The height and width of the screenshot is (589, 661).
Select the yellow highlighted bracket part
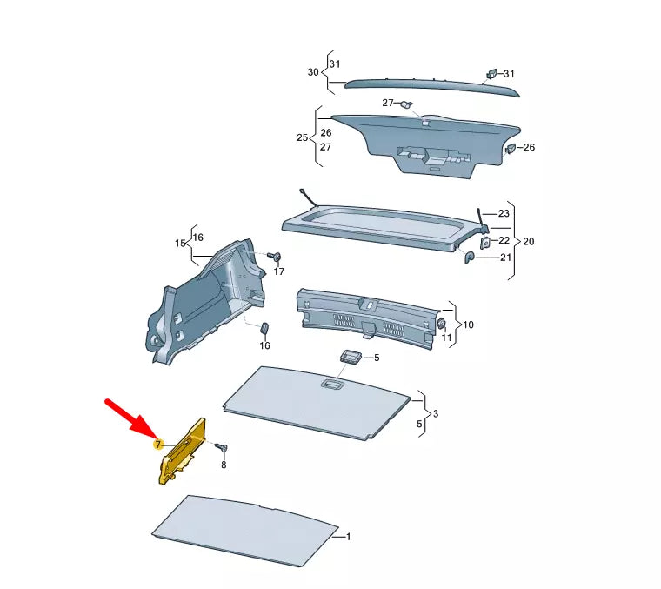click(181, 452)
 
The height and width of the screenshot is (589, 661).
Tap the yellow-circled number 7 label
click(157, 445)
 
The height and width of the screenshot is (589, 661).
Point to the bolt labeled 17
click(274, 257)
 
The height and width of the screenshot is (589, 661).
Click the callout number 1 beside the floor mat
click(348, 537)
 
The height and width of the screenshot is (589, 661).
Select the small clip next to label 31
click(491, 73)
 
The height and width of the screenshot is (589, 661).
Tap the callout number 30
click(313, 72)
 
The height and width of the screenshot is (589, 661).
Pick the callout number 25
click(302, 137)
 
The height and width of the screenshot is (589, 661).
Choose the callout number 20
click(529, 240)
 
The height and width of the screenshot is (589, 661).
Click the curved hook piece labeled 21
click(470, 257)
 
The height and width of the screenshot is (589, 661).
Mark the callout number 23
click(504, 213)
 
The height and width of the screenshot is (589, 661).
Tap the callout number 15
click(180, 244)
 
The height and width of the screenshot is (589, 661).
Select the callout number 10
click(468, 325)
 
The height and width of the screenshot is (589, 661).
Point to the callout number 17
click(278, 272)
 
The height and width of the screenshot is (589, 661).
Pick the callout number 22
click(504, 240)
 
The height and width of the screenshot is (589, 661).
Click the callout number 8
click(223, 465)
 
